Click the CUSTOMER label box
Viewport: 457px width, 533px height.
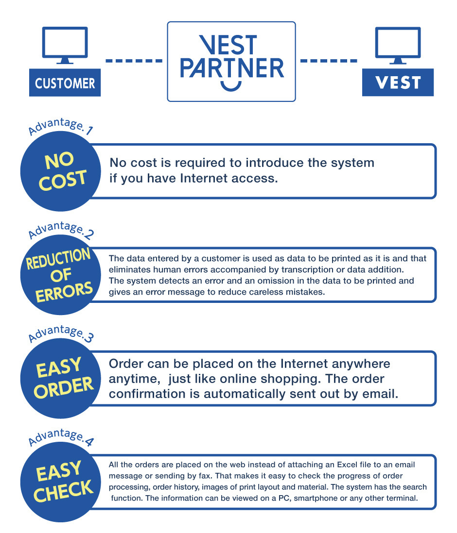click(65, 83)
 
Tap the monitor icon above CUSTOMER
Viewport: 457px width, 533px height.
click(65, 45)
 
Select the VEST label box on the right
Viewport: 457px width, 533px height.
click(398, 82)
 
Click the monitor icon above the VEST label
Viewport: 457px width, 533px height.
click(398, 45)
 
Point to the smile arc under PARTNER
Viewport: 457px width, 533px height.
click(231, 88)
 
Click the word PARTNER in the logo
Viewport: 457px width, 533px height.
click(231, 68)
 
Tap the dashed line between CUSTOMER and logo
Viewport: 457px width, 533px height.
click(134, 61)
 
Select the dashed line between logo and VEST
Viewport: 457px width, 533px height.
click(329, 61)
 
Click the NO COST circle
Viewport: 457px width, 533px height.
click(61, 171)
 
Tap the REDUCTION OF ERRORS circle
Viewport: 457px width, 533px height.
click(61, 275)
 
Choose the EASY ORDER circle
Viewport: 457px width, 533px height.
click(61, 378)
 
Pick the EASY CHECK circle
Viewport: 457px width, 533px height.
click(61, 482)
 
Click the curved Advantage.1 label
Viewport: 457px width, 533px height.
click(61, 126)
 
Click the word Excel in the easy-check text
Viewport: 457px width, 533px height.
click(347, 465)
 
